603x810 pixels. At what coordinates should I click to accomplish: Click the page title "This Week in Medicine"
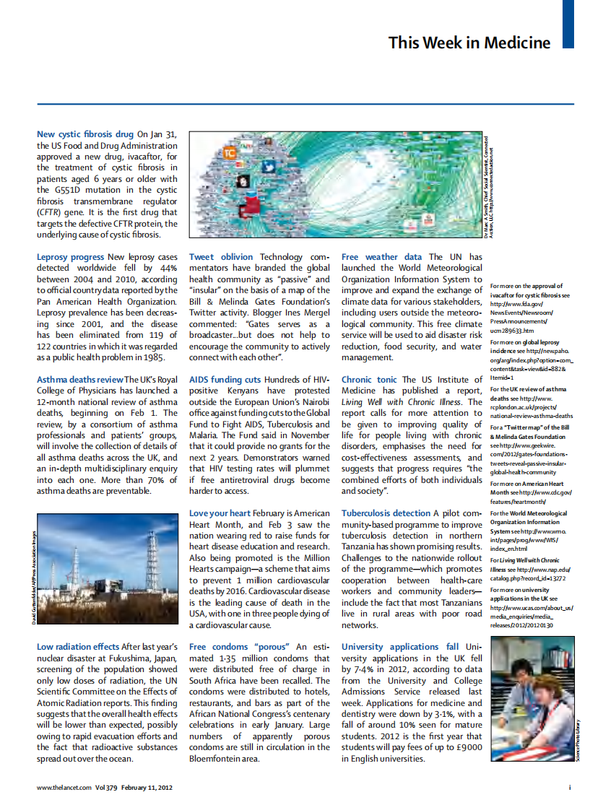click(469, 43)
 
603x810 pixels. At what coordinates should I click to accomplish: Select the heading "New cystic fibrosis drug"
click(85, 134)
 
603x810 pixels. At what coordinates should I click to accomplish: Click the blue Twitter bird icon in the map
click(269, 167)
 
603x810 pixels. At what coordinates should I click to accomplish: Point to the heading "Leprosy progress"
click(70, 257)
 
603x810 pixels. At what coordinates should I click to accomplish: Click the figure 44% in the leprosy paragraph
click(168, 268)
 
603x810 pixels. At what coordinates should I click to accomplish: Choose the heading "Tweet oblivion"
click(221, 257)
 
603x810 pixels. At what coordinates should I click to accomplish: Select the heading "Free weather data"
click(382, 257)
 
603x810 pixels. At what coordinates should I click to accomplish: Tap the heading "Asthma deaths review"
click(79, 380)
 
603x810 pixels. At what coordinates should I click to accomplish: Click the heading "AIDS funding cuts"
click(225, 380)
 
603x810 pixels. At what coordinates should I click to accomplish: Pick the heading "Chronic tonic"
click(369, 380)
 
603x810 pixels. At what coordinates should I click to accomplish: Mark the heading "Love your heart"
click(220, 513)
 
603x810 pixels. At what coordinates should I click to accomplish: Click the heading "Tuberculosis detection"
click(386, 513)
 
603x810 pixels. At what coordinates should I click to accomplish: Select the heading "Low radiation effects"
click(78, 647)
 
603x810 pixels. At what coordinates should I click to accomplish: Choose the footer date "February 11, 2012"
click(147, 788)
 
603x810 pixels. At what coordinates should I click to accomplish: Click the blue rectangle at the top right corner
click(568, 24)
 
